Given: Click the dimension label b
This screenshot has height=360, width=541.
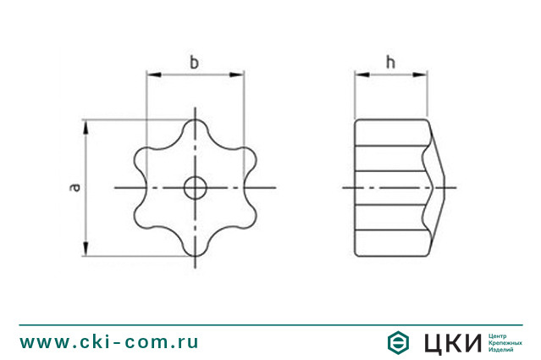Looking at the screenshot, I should (195, 62).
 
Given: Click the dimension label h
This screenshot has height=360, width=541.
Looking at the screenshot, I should (390, 62).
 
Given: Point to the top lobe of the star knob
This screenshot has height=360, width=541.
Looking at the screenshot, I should (196, 128).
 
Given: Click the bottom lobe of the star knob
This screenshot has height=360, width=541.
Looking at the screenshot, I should (196, 246).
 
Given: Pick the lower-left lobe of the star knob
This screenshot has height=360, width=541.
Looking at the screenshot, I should (146, 216).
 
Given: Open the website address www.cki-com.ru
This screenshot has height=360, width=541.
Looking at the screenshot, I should (109, 342).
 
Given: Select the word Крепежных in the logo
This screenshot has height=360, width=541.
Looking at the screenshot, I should (505, 342).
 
